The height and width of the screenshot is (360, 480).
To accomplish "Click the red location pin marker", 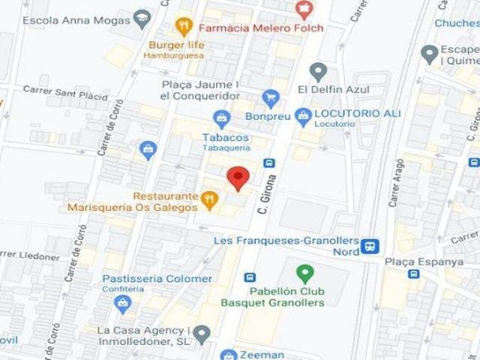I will [x=238, y=178].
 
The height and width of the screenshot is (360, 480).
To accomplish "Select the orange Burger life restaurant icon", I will [x=184, y=28].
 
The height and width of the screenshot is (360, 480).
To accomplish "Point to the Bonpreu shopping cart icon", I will [x=271, y=97].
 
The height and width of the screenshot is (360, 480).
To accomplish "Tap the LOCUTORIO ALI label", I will [x=357, y=113].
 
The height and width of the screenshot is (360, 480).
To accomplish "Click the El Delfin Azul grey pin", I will [x=319, y=72].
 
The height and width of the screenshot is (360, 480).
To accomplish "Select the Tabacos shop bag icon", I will [x=221, y=118].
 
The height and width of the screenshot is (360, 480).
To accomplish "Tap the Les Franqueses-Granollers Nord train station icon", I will [x=369, y=246].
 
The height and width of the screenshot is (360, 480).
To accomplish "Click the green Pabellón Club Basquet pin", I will [x=304, y=273].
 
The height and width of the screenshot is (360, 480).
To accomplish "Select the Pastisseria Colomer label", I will [x=157, y=279].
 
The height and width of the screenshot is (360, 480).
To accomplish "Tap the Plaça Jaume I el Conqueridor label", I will [x=199, y=90].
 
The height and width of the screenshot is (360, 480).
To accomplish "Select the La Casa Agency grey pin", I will [x=201, y=332].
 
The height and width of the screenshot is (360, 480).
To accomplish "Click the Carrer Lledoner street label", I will [x=30, y=256].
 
